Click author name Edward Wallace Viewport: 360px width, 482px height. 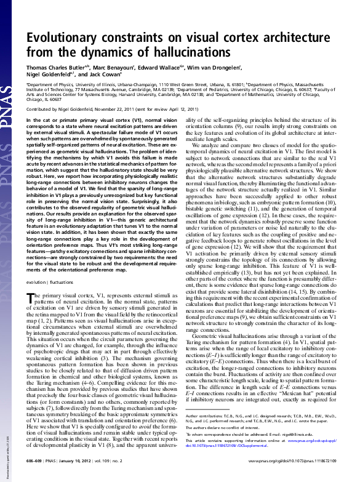tap(170, 68)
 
